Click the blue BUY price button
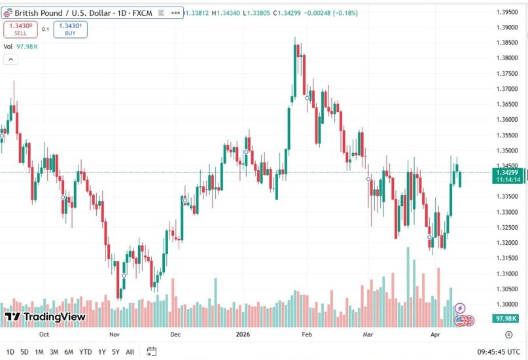click(x=70, y=29)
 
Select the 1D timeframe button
click(x=10, y=351)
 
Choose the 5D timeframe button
click(x=24, y=351)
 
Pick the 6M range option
click(x=69, y=351)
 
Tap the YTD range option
click(x=85, y=351)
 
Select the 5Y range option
click(x=116, y=351)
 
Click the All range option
click(x=130, y=351)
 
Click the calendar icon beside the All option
click(x=152, y=351)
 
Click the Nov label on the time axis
click(x=115, y=333)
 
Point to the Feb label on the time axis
click(x=306, y=333)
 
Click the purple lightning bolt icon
click(x=460, y=308)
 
